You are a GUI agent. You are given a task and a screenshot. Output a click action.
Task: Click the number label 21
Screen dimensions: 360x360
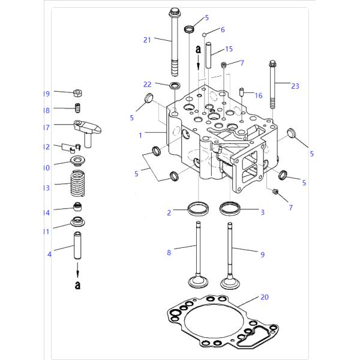[147, 40]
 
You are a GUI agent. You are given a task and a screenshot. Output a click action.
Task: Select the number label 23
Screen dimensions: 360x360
[295, 86]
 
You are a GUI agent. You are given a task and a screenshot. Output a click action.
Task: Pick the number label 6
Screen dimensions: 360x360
[222, 29]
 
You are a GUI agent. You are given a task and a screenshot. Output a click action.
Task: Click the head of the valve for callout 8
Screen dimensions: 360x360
[196, 282]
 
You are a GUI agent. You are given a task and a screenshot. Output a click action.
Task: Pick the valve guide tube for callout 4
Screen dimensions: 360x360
[77, 248]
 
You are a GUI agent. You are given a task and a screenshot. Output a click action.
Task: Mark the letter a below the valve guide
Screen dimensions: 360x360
[77, 285]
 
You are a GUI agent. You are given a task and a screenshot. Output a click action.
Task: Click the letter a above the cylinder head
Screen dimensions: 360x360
[197, 51]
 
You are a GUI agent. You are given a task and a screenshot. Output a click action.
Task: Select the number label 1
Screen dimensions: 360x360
[140, 135]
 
